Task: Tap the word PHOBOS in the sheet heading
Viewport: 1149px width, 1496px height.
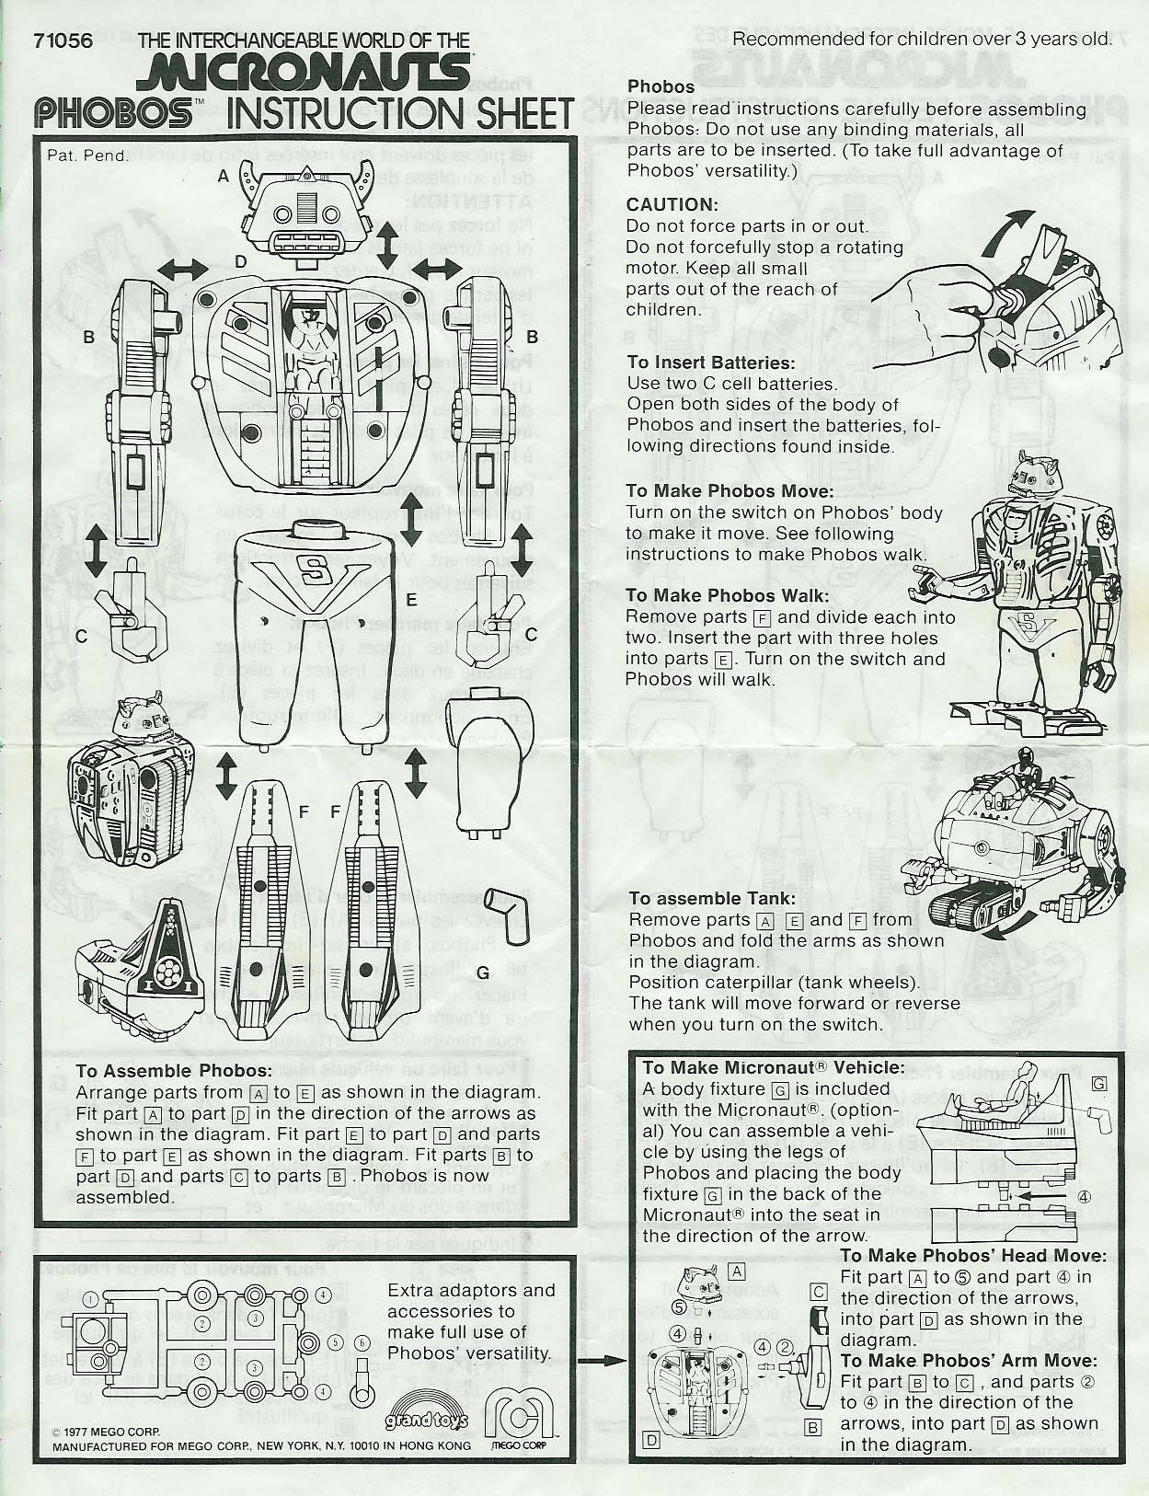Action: [x=113, y=113]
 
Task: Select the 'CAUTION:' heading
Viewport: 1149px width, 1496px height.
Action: [x=672, y=204]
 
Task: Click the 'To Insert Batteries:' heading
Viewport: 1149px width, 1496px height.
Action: [x=710, y=362]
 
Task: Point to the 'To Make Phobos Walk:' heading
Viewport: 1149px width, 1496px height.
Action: [x=727, y=595]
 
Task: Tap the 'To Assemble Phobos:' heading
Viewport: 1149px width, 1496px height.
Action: [x=173, y=1071]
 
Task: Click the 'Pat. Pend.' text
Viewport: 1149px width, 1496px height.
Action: [x=87, y=155]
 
